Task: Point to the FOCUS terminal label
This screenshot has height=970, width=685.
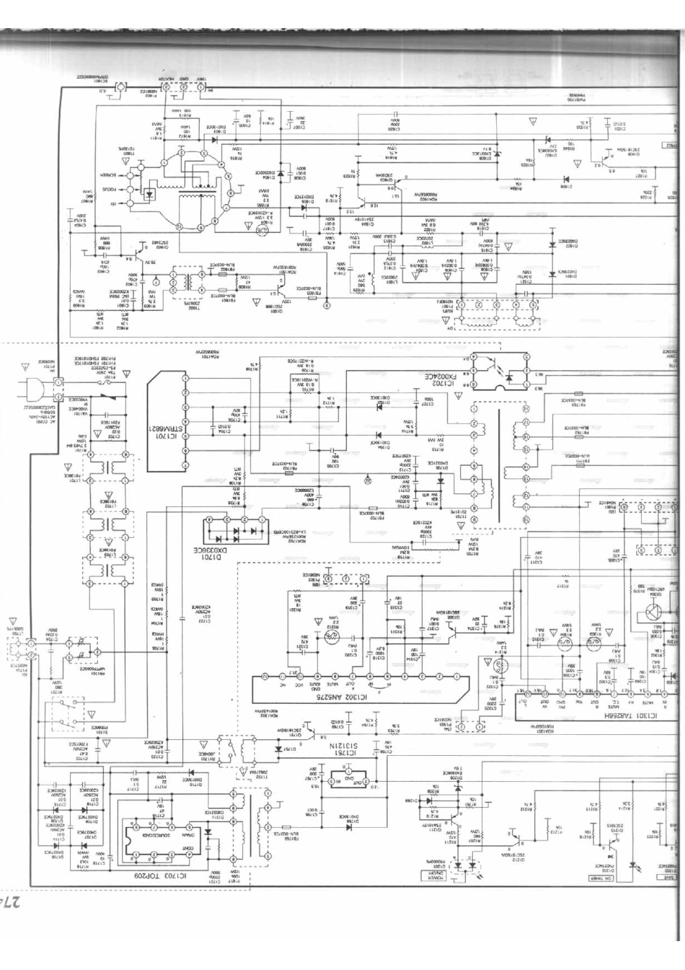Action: (x=108, y=190)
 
